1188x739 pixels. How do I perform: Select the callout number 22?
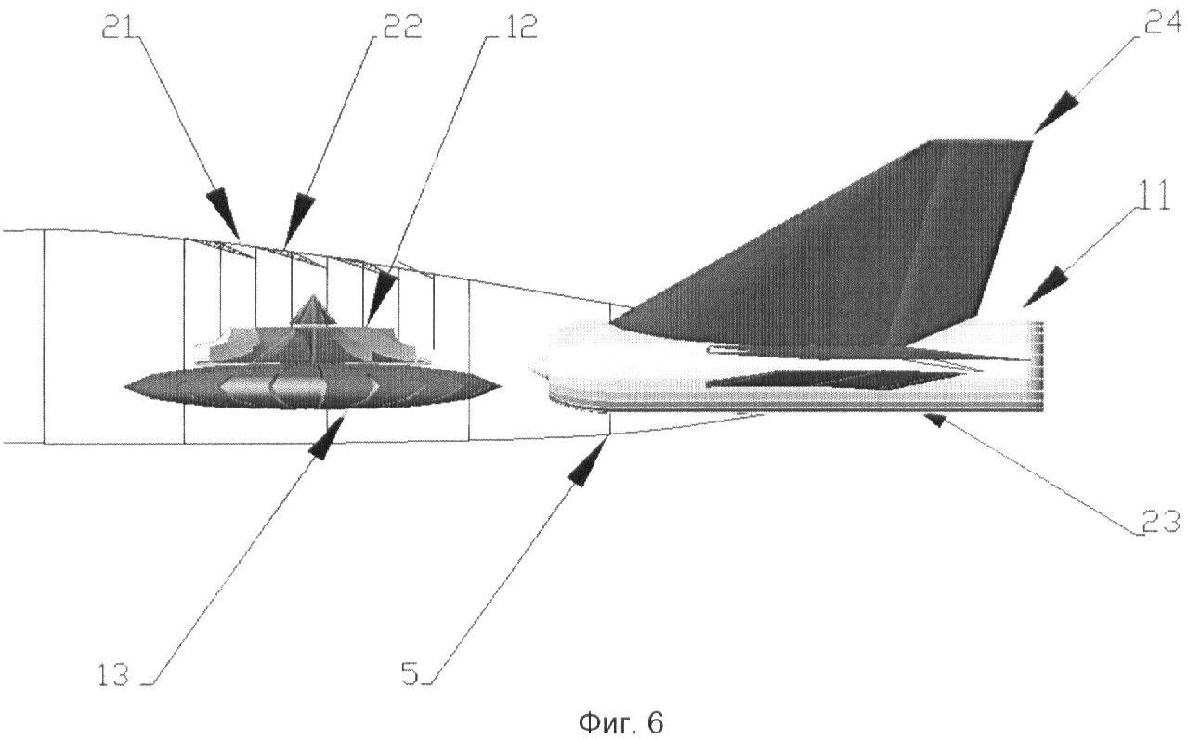402,26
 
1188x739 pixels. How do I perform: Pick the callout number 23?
1160,521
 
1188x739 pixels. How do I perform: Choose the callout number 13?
113,675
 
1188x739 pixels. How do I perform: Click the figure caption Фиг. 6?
620,722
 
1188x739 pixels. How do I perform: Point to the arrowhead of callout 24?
1056,112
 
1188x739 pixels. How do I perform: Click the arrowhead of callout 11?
1045,287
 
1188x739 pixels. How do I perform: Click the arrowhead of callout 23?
934,421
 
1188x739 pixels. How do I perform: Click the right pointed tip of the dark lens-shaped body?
500,385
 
